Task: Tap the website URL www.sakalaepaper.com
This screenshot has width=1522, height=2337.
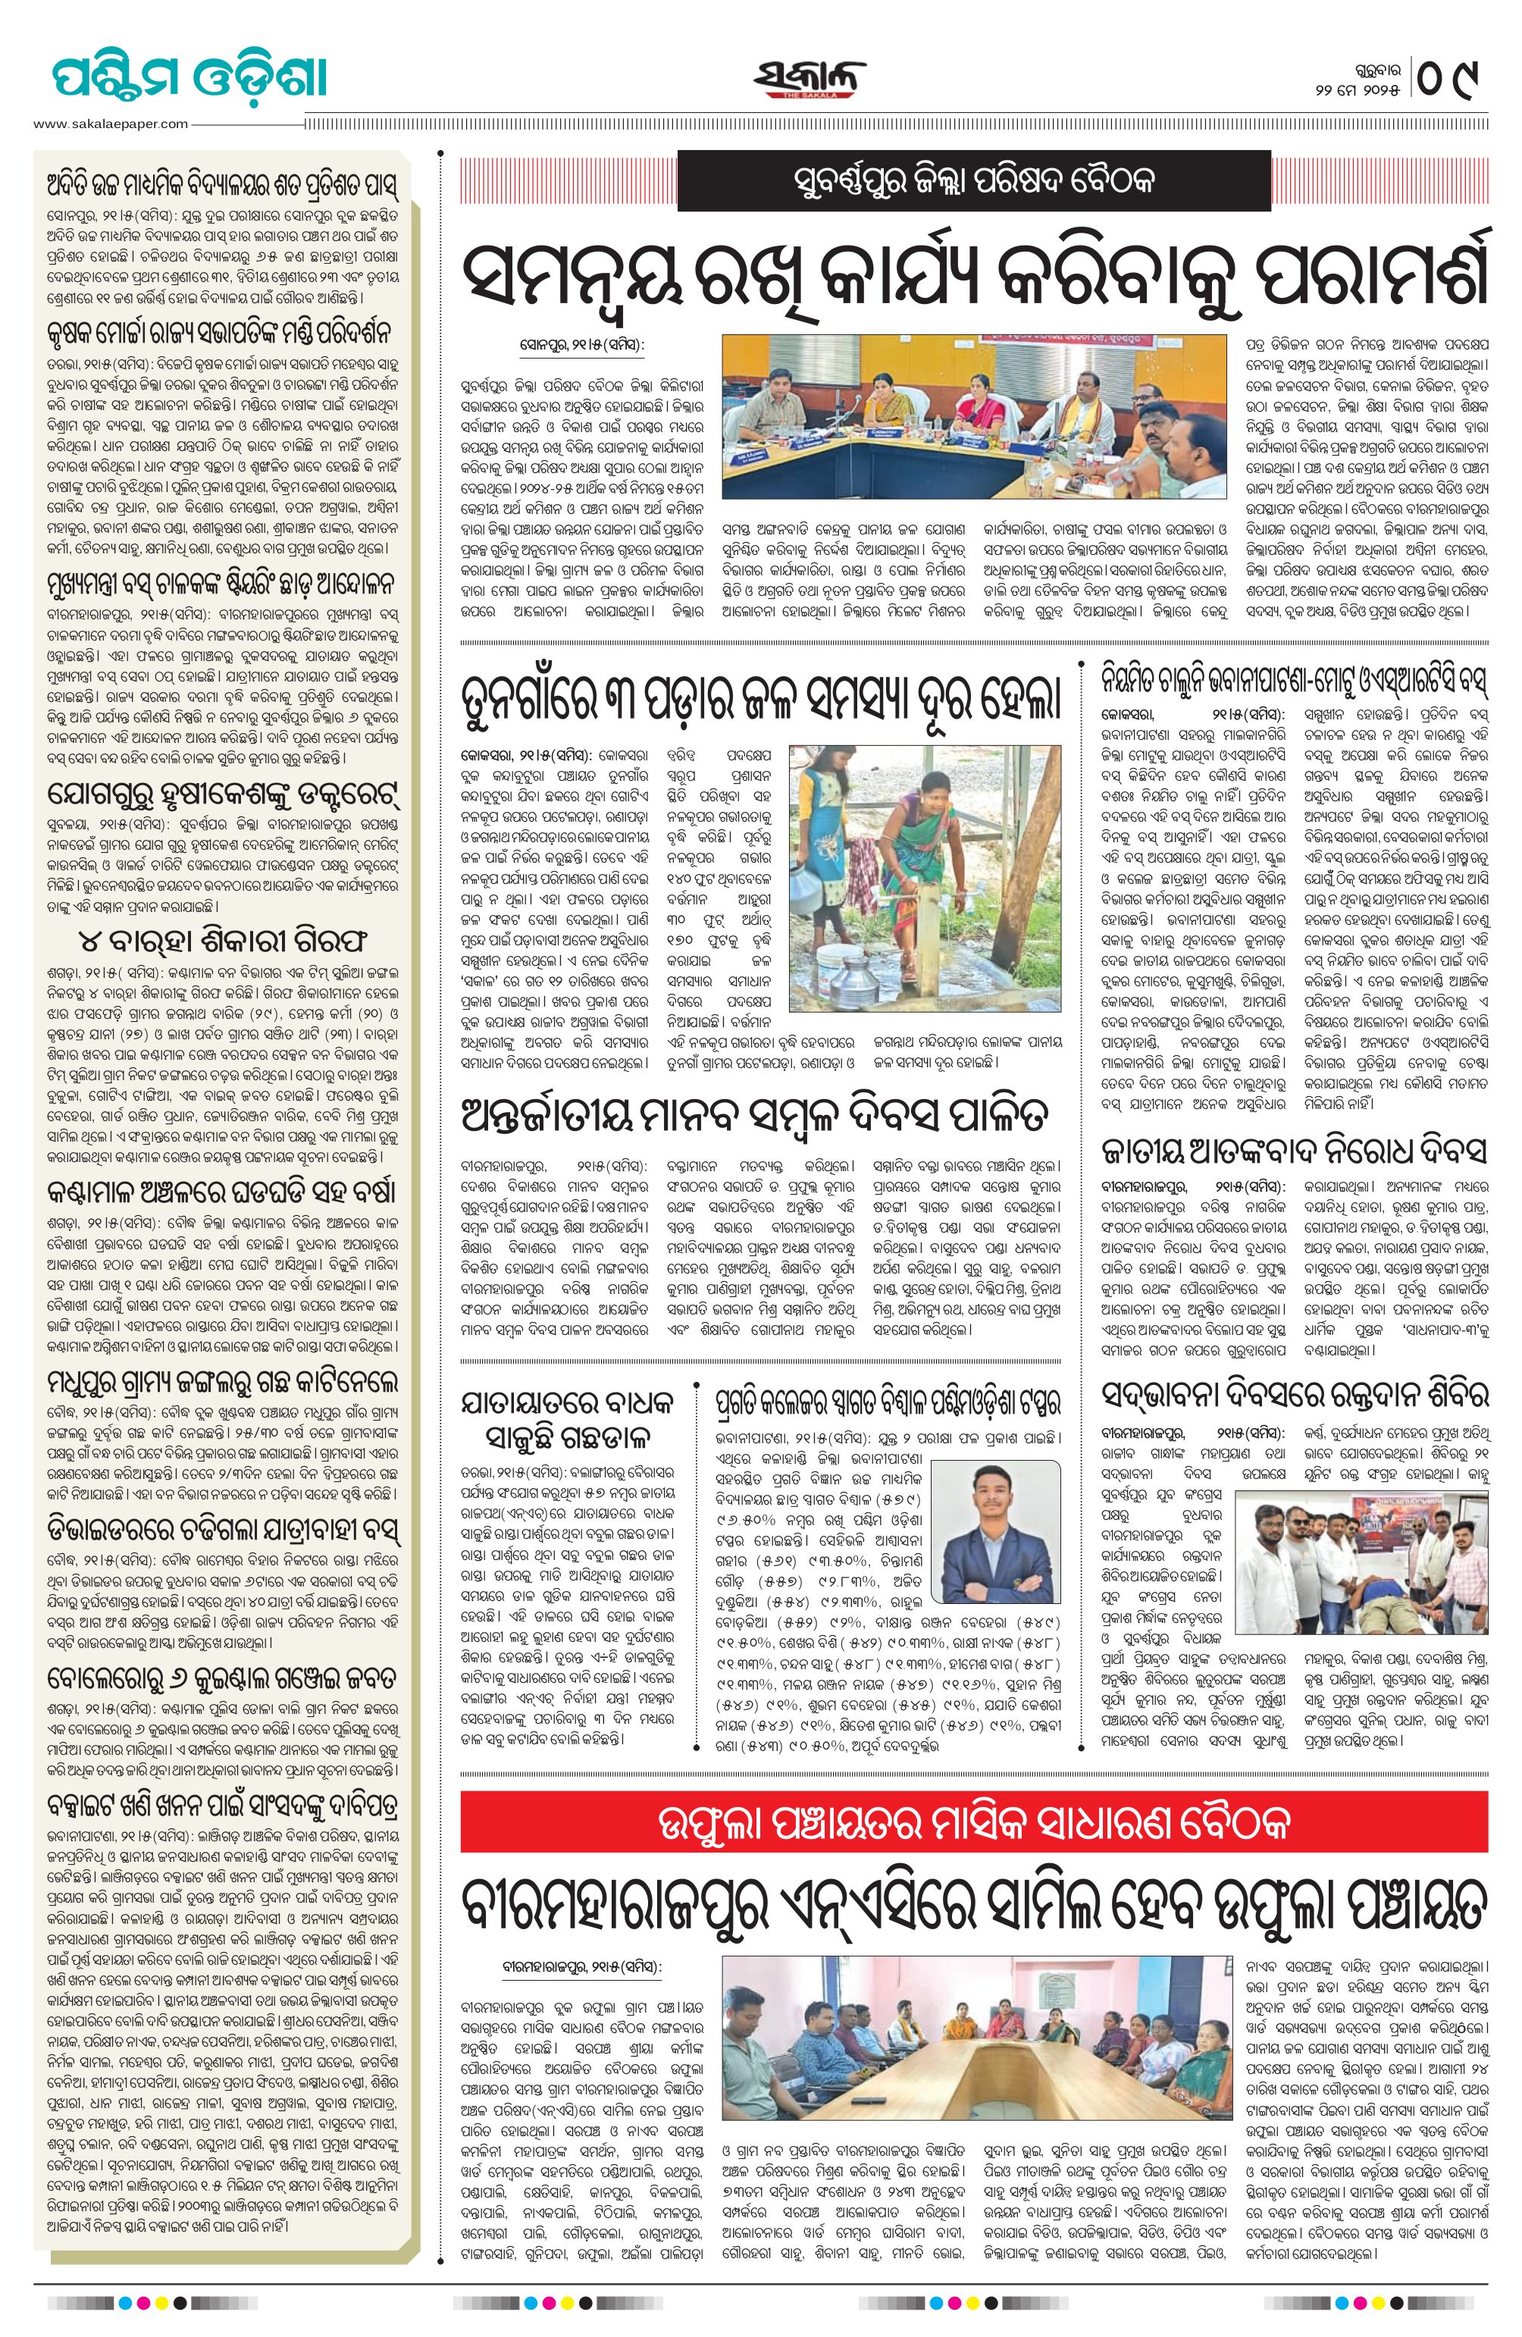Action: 110,124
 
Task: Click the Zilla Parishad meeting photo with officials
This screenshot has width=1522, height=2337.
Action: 973,418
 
